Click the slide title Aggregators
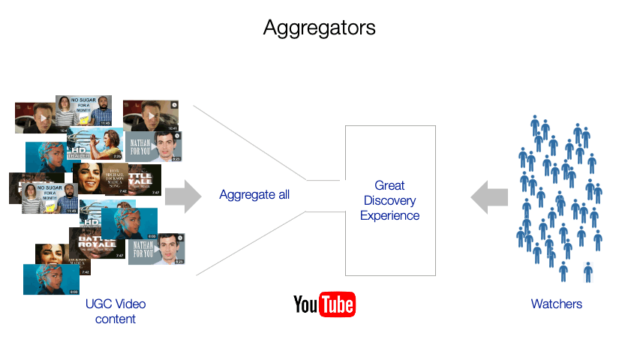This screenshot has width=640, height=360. coord(319,28)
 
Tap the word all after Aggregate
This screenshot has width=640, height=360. coord(281,195)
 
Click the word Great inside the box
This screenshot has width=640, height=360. coord(389,185)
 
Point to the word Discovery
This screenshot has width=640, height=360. coord(389,200)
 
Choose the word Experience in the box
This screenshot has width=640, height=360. coord(389,216)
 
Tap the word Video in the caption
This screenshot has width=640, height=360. coord(130,304)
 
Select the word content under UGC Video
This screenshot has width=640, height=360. coord(115,319)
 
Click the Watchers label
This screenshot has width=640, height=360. coord(556,304)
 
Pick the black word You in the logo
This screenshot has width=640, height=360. coord(305,304)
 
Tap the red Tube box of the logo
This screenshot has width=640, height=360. coord(336,304)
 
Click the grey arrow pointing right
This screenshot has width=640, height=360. coord(183,196)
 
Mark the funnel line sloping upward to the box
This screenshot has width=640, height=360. coord(248,244)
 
